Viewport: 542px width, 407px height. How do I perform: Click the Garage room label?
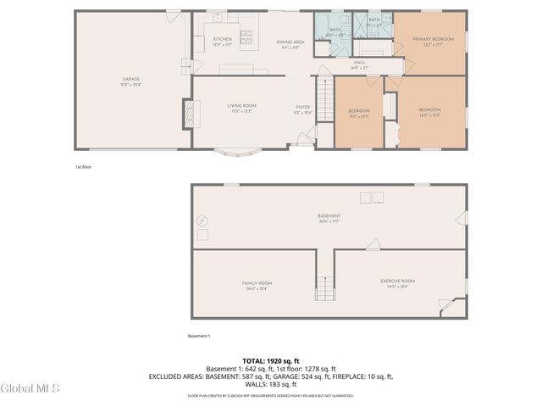tap(130, 81)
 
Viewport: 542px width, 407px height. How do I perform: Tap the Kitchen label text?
tap(222, 42)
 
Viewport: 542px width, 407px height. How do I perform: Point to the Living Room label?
tap(241, 108)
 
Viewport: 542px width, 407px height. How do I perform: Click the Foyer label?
tap(302, 109)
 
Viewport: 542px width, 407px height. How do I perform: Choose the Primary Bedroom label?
tap(433, 42)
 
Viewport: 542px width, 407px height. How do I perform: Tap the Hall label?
tap(359, 64)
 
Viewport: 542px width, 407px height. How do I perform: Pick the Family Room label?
tap(256, 285)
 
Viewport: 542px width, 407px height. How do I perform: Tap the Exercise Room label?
tap(396, 283)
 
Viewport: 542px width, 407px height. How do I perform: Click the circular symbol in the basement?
tap(202, 220)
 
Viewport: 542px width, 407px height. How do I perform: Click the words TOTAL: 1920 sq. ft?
tap(270, 361)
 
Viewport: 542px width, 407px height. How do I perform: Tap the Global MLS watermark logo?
tap(30, 388)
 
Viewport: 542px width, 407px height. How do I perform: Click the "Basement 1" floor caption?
tap(200, 337)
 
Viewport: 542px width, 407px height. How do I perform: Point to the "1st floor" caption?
tap(82, 167)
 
